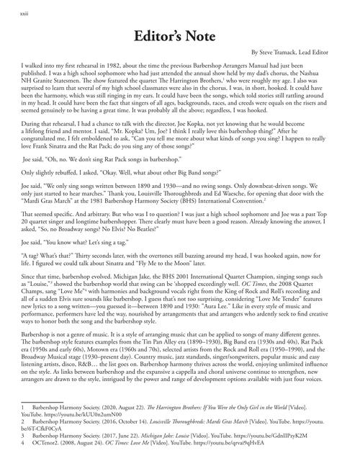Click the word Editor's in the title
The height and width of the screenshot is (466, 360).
pyautogui.click(x=160, y=37)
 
